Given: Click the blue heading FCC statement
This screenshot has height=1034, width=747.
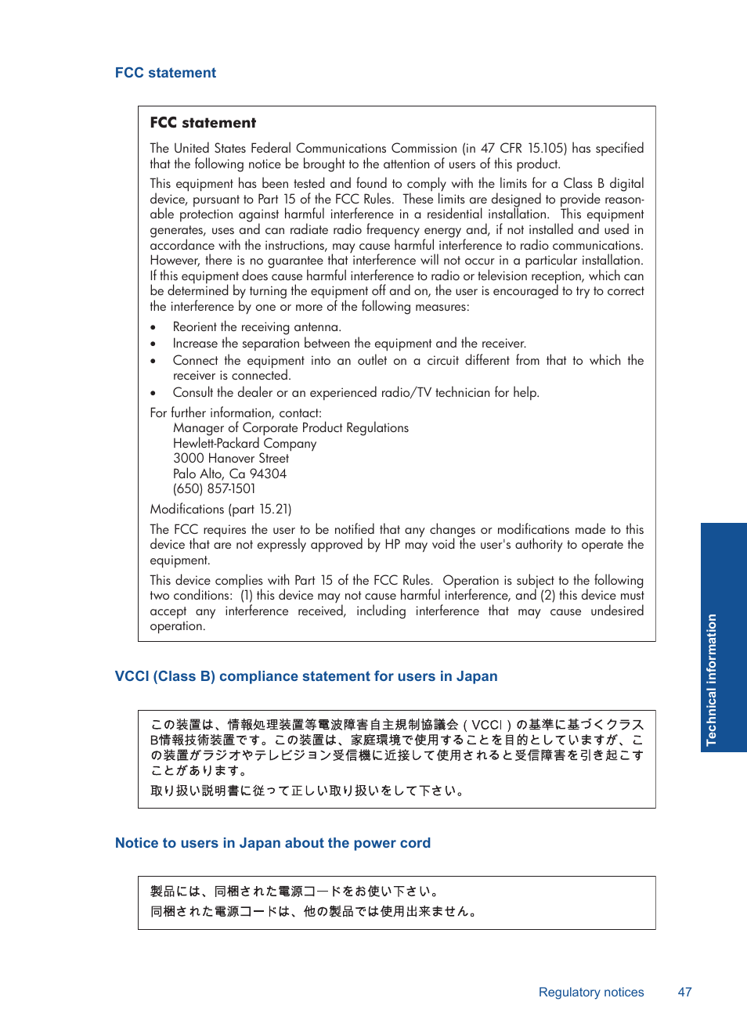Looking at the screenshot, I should [165, 73].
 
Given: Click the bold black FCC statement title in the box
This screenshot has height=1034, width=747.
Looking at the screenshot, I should [203, 123].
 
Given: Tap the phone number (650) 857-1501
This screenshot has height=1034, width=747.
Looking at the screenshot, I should [214, 489].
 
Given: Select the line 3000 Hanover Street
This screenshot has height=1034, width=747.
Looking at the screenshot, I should [231, 459].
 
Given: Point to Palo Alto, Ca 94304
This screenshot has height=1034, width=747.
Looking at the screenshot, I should [229, 474].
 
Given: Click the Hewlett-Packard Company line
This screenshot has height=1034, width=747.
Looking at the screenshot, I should [244, 443].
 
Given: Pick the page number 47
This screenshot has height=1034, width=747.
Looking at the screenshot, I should [684, 992].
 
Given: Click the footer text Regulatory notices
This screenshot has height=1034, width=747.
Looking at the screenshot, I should [591, 992].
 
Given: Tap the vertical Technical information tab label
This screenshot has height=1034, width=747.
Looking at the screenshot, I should [711, 679].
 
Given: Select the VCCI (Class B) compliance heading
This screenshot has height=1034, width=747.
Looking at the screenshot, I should [306, 676].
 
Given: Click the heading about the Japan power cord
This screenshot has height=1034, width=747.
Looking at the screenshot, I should [272, 843].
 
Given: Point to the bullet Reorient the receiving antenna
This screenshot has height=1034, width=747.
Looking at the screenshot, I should [257, 327].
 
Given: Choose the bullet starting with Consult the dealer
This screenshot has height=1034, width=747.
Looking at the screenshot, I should [355, 393].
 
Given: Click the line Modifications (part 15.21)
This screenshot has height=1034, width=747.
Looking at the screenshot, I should [221, 510].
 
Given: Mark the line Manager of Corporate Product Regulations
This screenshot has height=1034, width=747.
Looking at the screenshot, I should [290, 428].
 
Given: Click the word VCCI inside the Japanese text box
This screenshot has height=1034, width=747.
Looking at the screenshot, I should [487, 725].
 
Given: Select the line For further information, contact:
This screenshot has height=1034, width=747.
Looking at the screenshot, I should [236, 413].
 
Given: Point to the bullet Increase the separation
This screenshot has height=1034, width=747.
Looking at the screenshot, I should [349, 344].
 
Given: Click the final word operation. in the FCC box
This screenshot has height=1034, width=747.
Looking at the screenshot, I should [178, 626].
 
